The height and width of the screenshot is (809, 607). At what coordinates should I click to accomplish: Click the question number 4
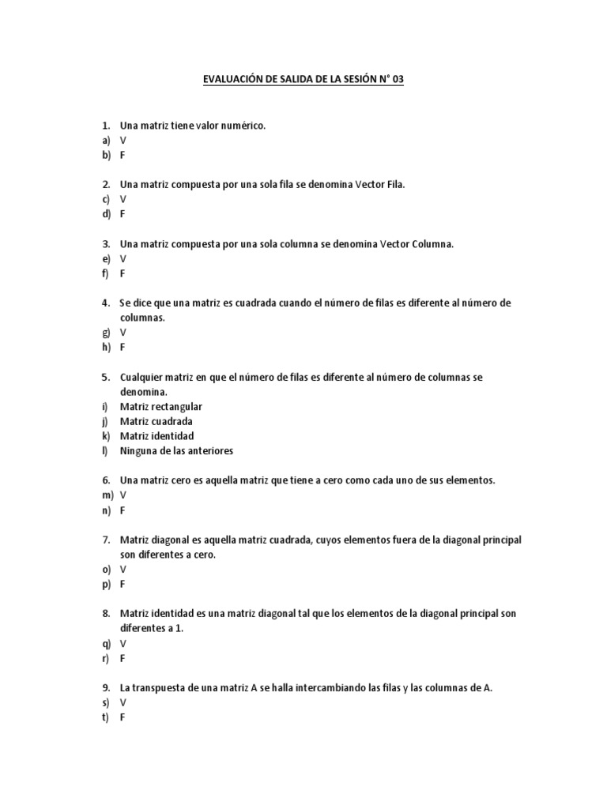(x=105, y=303)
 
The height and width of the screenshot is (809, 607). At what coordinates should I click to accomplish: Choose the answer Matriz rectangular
(x=161, y=406)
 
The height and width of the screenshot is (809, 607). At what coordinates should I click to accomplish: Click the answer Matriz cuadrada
(x=156, y=421)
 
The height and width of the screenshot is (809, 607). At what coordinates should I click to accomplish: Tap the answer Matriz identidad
(x=156, y=435)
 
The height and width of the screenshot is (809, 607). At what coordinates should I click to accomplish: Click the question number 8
(x=105, y=613)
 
